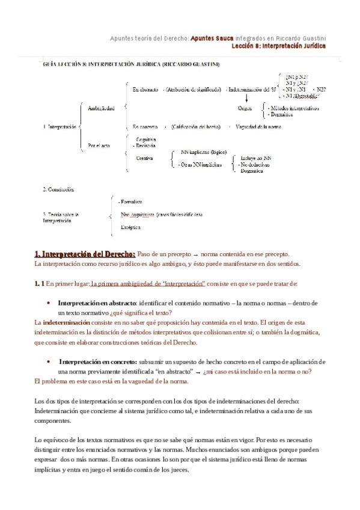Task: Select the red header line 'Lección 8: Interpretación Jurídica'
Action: (x=278, y=46)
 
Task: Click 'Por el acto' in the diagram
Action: (x=99, y=146)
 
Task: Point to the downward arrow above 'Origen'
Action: (x=245, y=99)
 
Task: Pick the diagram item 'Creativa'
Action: (x=145, y=158)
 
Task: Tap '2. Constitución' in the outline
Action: (x=58, y=189)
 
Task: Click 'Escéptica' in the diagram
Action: (x=130, y=228)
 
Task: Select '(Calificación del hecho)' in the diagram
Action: (x=195, y=127)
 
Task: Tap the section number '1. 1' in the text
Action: (x=38, y=283)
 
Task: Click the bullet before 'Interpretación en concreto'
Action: (x=47, y=362)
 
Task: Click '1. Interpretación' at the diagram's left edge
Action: (x=60, y=127)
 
